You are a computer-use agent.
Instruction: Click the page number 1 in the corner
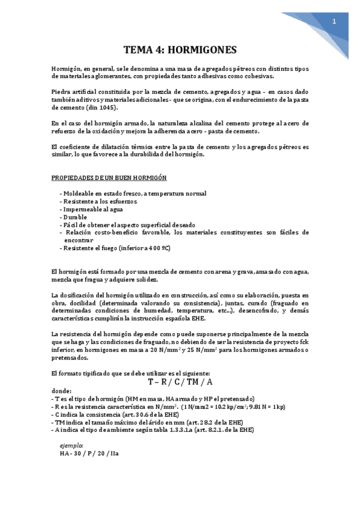tap(335, 21)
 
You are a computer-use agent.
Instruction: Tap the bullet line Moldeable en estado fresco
tap(133, 193)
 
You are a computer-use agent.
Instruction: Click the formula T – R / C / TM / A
tap(180, 381)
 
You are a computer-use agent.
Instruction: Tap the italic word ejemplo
tap(72, 444)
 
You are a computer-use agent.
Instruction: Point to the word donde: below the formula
tap(63, 390)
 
